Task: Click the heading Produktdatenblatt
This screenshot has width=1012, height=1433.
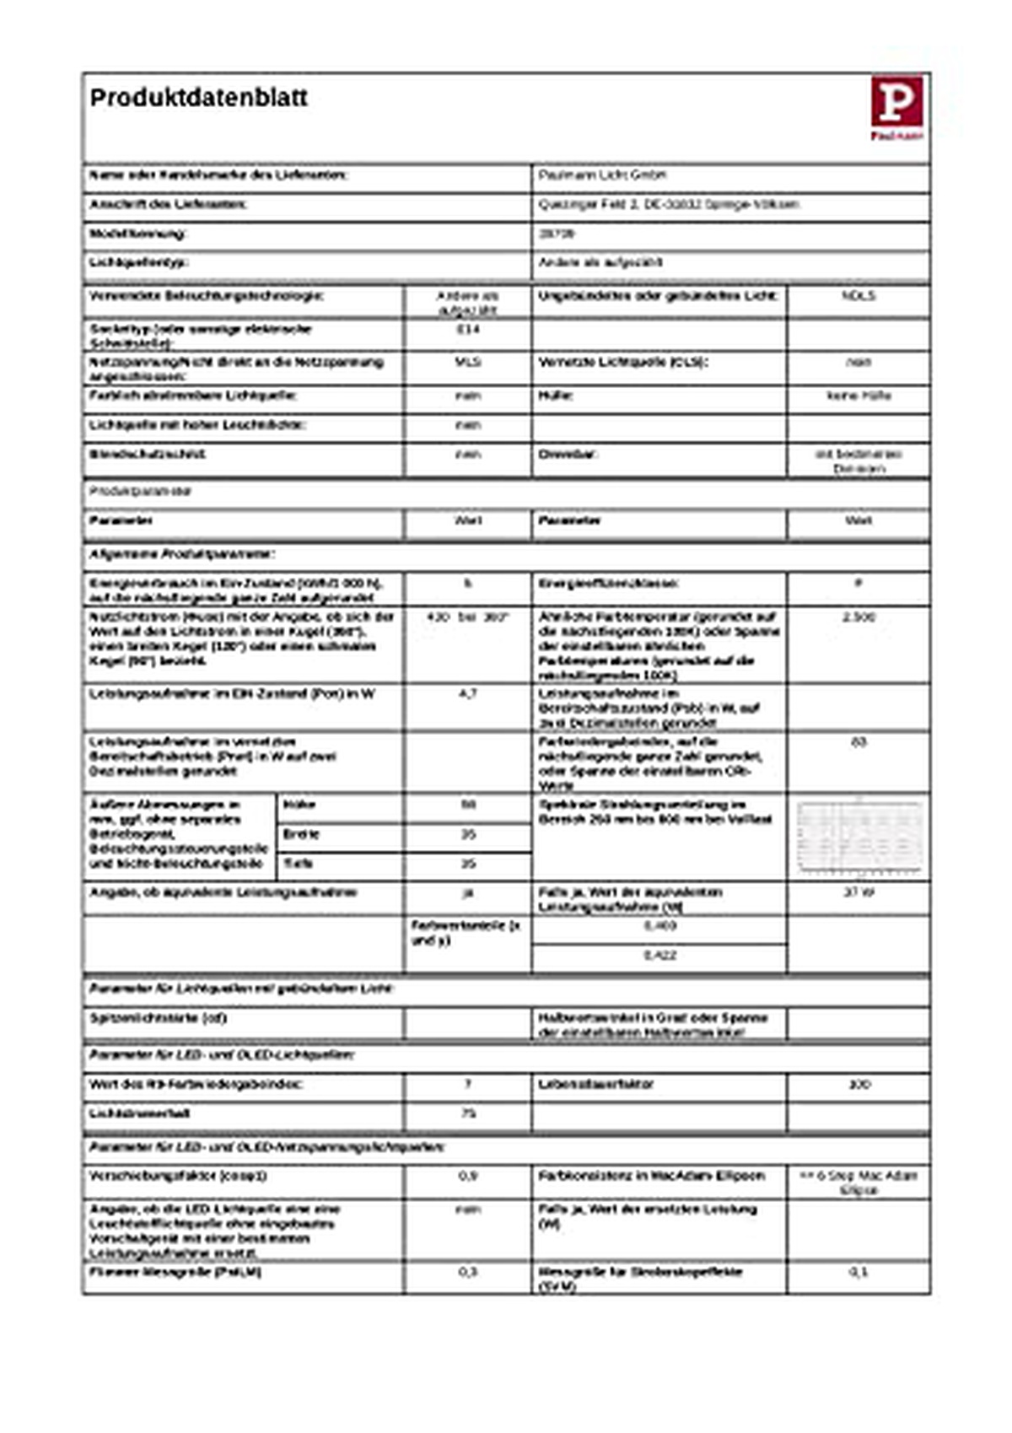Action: tap(199, 98)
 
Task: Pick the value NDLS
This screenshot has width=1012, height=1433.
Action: tap(859, 297)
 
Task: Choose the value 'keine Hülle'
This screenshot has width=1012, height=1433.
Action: tap(859, 396)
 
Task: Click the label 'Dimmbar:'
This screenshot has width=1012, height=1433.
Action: tap(568, 454)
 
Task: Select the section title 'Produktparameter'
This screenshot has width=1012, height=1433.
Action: tap(140, 491)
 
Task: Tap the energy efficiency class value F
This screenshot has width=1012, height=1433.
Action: tap(859, 583)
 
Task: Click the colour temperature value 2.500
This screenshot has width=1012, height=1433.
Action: tap(859, 617)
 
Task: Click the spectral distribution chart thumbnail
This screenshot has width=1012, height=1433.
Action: tap(859, 837)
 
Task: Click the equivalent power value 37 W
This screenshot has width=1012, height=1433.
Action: tap(859, 892)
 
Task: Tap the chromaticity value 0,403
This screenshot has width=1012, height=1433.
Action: tap(659, 926)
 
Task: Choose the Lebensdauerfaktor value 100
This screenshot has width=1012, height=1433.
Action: tap(859, 1084)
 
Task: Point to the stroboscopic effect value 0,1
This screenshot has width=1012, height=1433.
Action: tap(859, 1272)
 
